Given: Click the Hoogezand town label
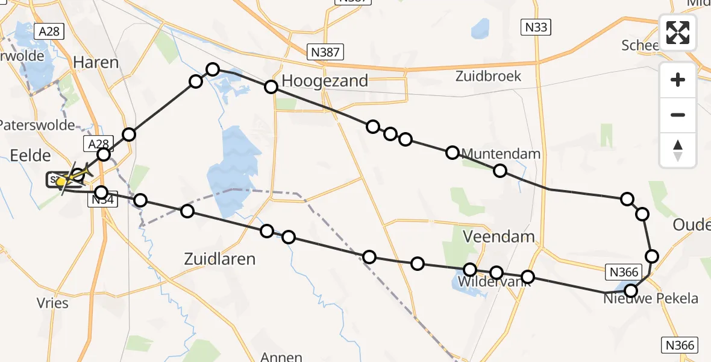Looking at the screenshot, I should pyautogui.click(x=325, y=81).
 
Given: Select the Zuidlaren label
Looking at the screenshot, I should pyautogui.click(x=219, y=259).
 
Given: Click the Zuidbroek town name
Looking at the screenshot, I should pyautogui.click(x=488, y=77).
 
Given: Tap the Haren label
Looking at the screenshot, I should pyautogui.click(x=95, y=62).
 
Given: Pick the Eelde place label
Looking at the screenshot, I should pyautogui.click(x=30, y=156).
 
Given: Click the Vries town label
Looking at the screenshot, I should pyautogui.click(x=52, y=303).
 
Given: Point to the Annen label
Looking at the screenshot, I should pyautogui.click(x=281, y=357).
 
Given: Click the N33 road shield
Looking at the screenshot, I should pyautogui.click(x=536, y=27).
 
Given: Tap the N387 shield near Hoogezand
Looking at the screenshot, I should pyautogui.click(x=324, y=52).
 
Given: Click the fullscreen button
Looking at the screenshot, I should pyautogui.click(x=678, y=33).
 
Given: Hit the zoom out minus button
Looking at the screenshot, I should pyautogui.click(x=678, y=115).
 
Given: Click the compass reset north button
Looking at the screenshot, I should pyautogui.click(x=678, y=150).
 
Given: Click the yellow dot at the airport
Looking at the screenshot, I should pyautogui.click(x=61, y=180).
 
